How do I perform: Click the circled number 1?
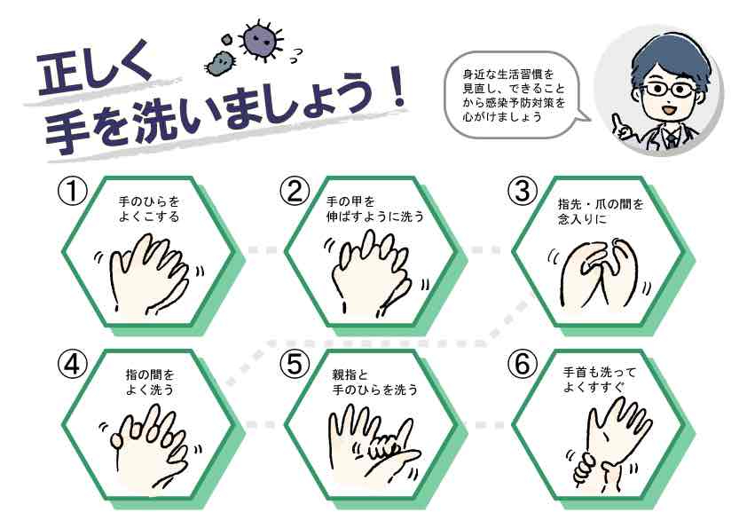pyautogui.click(x=73, y=192)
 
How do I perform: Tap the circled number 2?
pyautogui.click(x=295, y=192)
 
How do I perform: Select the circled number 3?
pyautogui.click(x=523, y=192)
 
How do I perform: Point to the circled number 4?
pyautogui.click(x=73, y=365)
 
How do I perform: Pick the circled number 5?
pyautogui.click(x=295, y=365)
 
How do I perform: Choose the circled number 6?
pyautogui.click(x=523, y=365)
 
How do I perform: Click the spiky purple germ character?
pyautogui.click(x=261, y=40)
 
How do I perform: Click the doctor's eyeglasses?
pyautogui.click(x=667, y=89)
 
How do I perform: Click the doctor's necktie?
pyautogui.click(x=672, y=139)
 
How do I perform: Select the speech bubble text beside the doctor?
pyautogui.click(x=514, y=95)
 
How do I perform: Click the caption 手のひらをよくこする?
pyautogui.click(x=149, y=209)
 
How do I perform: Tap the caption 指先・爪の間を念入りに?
pyautogui.click(x=601, y=211)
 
